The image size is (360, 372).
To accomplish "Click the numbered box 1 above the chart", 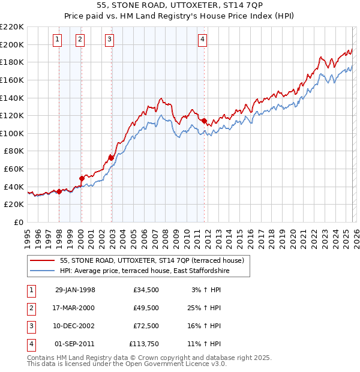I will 57,40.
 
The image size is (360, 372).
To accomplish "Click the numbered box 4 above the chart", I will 203,40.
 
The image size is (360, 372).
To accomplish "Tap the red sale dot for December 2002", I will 111,158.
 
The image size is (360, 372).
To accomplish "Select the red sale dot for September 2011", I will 204,121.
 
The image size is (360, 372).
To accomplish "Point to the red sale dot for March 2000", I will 82,178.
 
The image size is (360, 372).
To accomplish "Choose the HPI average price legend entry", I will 145,271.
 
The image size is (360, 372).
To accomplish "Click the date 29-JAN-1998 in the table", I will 75,290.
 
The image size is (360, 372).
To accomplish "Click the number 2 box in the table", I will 29,308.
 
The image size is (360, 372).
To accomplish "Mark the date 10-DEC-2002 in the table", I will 75,326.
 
